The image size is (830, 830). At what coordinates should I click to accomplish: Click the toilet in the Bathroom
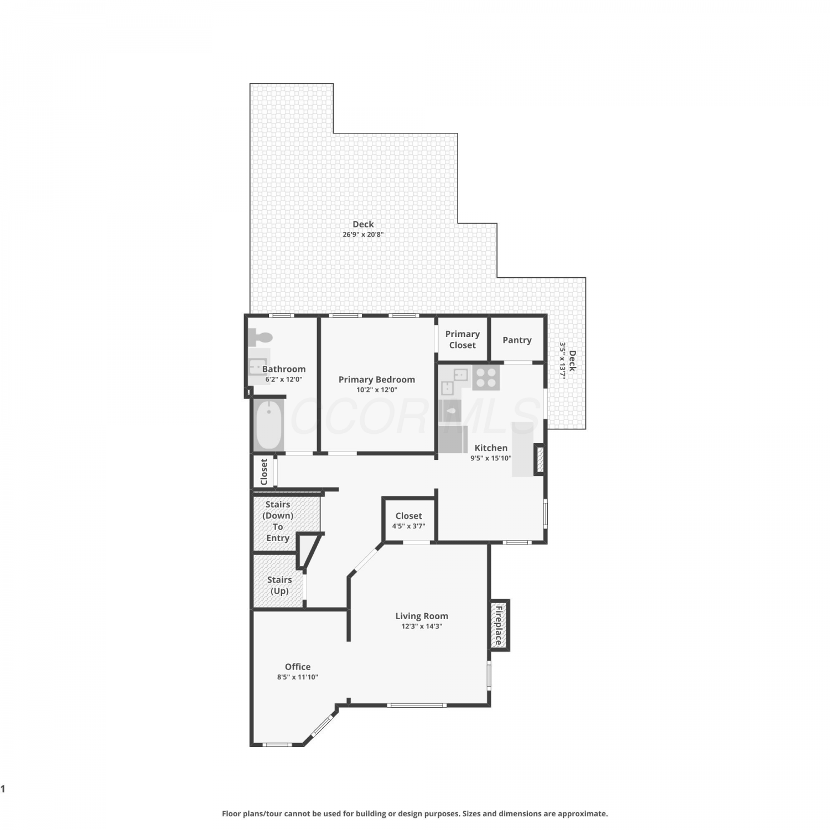pos(260,337)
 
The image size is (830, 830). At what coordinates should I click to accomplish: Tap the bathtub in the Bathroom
pos(269,425)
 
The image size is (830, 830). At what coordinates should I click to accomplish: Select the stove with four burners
pos(486,377)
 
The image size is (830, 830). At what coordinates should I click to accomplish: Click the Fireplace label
pos(499,625)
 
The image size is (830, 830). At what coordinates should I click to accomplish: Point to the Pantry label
pos(517,340)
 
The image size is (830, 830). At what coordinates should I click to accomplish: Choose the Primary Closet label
pos(462,339)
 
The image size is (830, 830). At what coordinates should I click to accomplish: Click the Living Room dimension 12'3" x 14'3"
pos(422,626)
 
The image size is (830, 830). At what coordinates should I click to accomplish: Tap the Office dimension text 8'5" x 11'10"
pos(298,677)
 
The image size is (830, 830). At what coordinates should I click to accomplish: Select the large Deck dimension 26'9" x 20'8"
pos(363,235)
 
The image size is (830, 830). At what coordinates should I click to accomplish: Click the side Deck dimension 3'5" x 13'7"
pos(563,360)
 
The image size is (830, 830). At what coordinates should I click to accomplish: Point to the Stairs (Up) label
pos(279,585)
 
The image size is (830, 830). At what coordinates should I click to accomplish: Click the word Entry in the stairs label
pos(278,538)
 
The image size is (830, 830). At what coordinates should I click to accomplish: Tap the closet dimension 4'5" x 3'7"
pos(408,526)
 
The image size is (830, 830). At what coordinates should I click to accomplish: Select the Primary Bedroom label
pos(377,380)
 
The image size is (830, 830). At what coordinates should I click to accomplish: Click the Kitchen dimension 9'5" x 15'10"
pos(491,458)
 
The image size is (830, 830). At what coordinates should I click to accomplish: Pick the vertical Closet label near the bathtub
pos(264,471)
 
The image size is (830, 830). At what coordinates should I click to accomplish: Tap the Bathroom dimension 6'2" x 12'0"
pos(283,380)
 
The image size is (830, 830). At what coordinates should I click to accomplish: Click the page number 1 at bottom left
pos(3,789)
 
